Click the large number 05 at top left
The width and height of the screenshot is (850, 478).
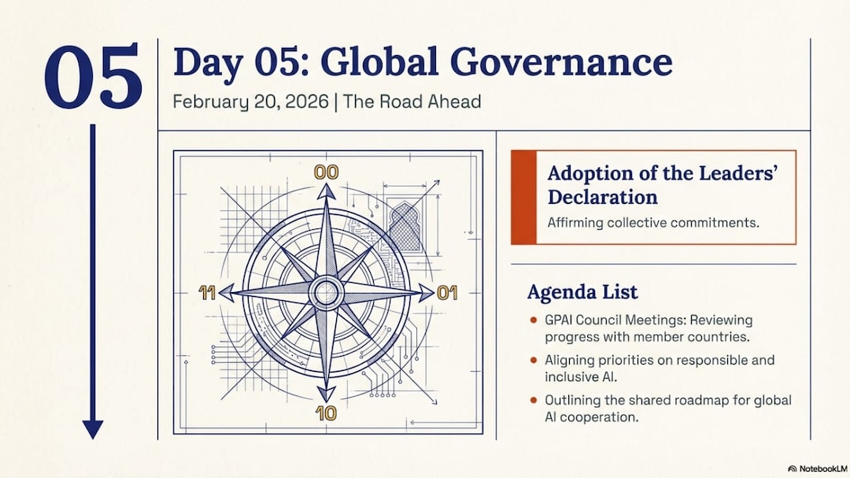click(x=93, y=75)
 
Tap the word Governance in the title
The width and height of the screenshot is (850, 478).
click(x=561, y=62)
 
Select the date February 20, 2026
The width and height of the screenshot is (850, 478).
click(x=250, y=102)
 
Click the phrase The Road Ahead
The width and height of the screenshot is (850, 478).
click(x=412, y=102)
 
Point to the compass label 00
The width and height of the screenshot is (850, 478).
click(x=327, y=172)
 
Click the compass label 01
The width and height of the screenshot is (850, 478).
click(x=447, y=293)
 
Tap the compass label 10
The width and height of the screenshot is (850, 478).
click(x=327, y=413)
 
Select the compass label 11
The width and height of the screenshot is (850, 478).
click(x=206, y=293)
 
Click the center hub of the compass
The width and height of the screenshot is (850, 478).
click(x=327, y=293)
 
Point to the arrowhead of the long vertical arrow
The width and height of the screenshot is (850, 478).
click(x=93, y=430)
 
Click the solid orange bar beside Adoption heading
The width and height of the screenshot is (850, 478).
click(x=523, y=198)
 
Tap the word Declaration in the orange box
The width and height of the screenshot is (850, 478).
click(x=602, y=196)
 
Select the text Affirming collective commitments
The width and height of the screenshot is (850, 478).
click(x=653, y=222)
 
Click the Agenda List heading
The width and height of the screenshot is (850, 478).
click(x=582, y=292)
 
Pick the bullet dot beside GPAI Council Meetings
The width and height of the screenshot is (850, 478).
click(x=534, y=321)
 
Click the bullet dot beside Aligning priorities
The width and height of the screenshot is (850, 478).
click(x=534, y=360)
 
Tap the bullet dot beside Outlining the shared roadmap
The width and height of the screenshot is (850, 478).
click(x=534, y=400)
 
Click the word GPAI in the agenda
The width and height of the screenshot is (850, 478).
click(x=560, y=321)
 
